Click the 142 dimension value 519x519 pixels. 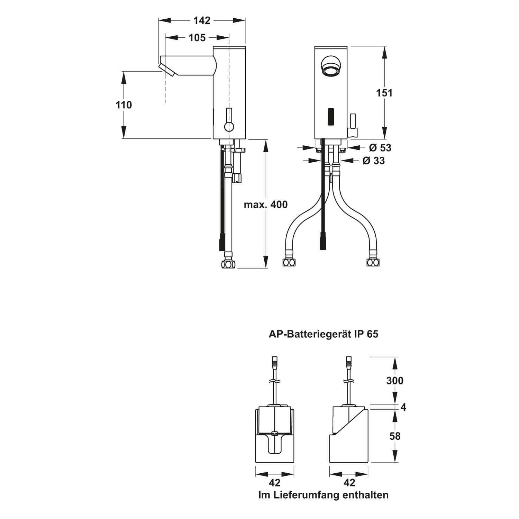[202, 20]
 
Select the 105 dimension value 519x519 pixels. [197, 37]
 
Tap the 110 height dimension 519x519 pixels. [124, 104]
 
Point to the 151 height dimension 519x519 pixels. [384, 93]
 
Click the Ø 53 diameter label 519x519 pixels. [380, 148]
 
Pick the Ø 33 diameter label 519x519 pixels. [374, 161]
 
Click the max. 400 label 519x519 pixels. [266, 204]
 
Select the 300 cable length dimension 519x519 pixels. [395, 381]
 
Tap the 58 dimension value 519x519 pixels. [395, 436]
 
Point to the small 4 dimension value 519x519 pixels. [403, 407]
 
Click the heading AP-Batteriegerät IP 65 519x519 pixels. [324, 334]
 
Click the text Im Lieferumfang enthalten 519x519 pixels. [324, 495]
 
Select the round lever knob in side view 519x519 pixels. [229, 127]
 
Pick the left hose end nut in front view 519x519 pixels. [289, 262]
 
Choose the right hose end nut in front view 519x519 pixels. [373, 262]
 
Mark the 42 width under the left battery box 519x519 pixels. [274, 482]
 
